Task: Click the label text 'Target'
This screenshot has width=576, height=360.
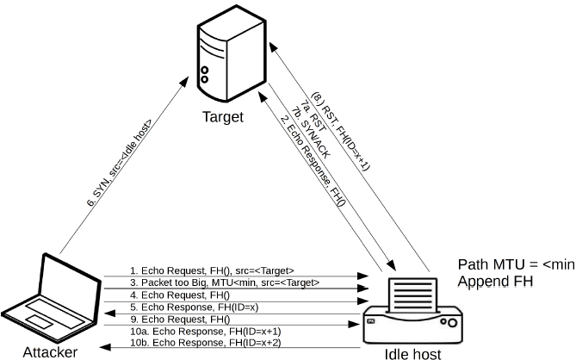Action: pos(223,116)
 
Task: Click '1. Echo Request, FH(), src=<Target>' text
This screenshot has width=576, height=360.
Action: pos(212,270)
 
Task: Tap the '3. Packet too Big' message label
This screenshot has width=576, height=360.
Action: pos(225,282)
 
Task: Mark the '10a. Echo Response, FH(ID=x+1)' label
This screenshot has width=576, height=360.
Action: pos(206,332)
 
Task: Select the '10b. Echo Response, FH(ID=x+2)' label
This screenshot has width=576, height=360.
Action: pos(206,343)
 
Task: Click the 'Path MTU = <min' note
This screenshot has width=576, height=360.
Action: pos(516,265)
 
